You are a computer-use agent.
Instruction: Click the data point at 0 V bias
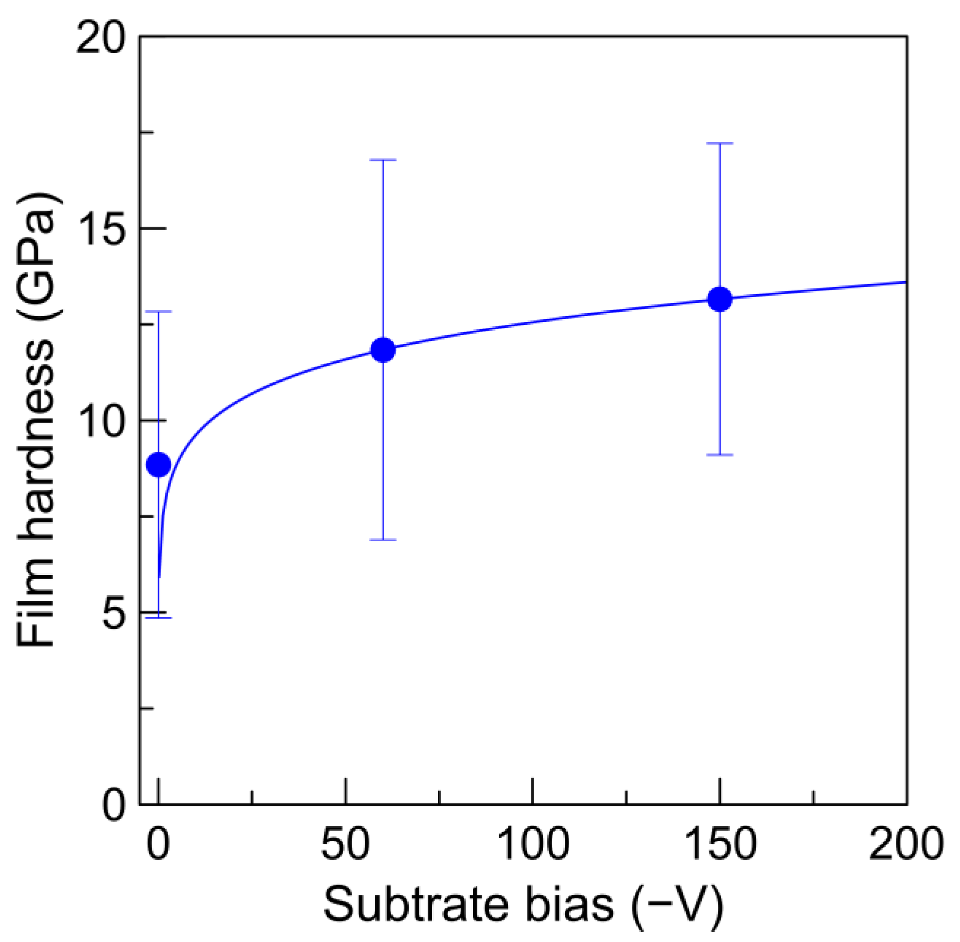click(159, 464)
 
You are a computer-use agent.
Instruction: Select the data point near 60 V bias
click(383, 350)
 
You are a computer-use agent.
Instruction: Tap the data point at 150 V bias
click(719, 299)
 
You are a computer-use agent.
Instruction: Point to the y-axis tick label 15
click(100, 229)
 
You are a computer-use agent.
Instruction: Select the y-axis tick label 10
click(100, 421)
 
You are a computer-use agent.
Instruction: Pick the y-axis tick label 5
click(114, 612)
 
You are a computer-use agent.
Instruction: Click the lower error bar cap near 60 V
click(383, 540)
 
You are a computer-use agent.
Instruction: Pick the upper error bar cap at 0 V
click(159, 312)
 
